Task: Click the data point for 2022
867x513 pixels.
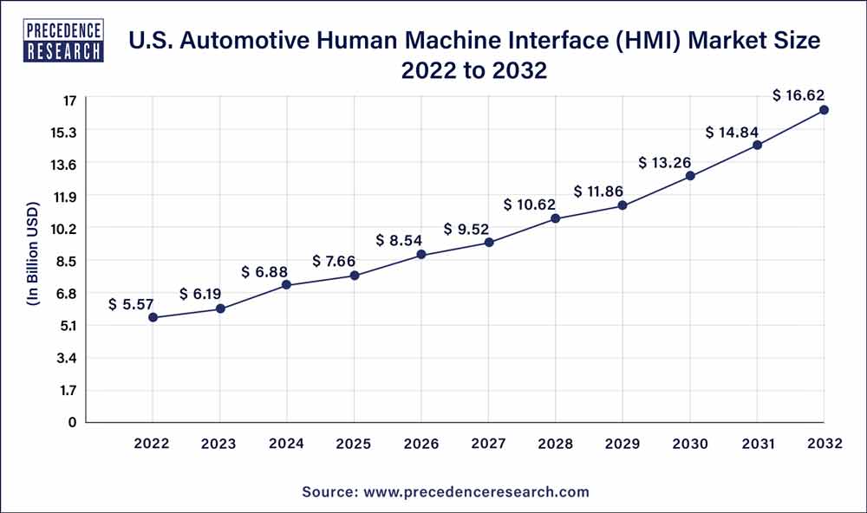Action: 153,317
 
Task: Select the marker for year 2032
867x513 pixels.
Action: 824,110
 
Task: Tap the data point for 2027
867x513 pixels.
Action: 489,242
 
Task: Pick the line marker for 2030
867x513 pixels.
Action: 690,176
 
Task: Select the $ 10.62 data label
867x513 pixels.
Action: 531,205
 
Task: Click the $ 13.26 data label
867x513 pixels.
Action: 666,162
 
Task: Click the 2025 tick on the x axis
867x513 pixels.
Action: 354,444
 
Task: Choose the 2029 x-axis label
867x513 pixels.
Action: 623,444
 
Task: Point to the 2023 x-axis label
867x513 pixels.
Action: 219,444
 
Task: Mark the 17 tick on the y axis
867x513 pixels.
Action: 69,100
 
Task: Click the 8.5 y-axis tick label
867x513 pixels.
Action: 66,261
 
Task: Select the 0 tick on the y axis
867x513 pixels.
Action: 73,422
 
